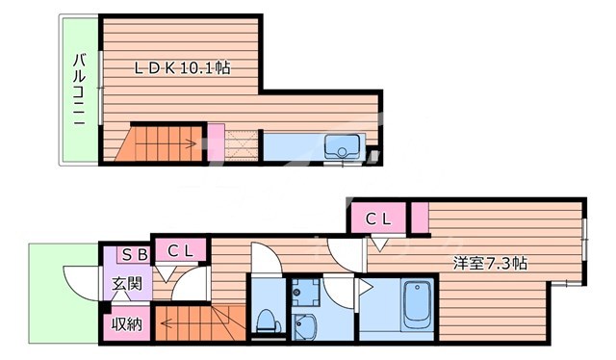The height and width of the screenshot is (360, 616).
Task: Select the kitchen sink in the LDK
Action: pos(342,148)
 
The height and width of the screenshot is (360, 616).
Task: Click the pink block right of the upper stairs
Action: pos(216,142)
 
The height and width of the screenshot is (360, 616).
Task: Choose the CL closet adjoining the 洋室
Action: pos(376,219)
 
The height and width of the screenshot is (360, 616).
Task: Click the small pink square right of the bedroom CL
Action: pos(420,219)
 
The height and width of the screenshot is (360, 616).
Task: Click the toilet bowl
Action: pos(265,321)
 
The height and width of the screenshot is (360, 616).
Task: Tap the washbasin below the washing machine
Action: pos(306,325)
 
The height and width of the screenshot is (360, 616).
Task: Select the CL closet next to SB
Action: pos(180,252)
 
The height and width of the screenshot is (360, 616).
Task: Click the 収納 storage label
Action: pos(126,324)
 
